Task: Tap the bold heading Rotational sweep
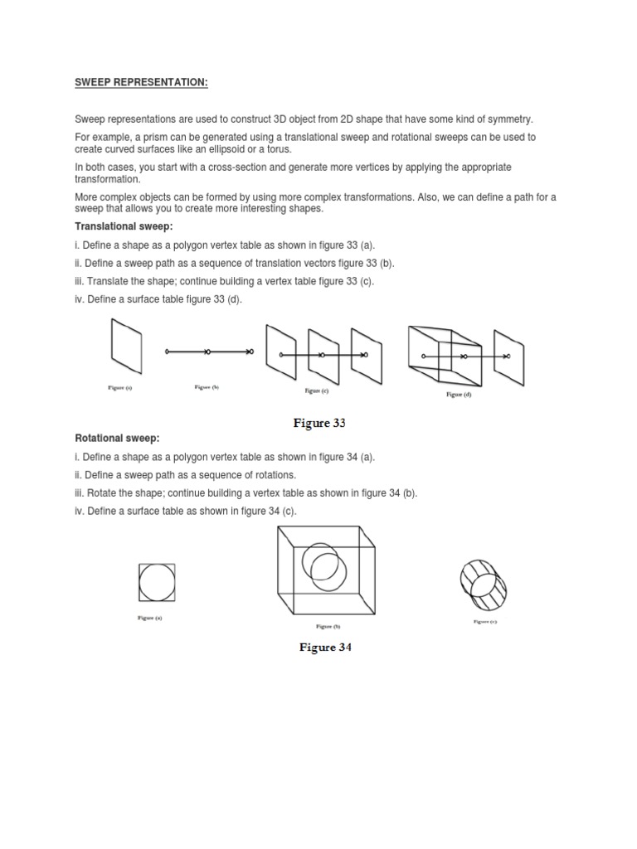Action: [x=117, y=438]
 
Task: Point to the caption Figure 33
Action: [x=318, y=423]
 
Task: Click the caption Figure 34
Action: [x=325, y=648]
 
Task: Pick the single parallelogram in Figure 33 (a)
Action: [x=126, y=346]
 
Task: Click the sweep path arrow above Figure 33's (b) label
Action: [x=208, y=352]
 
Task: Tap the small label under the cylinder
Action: [x=484, y=621]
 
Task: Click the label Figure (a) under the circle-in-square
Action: [x=150, y=618]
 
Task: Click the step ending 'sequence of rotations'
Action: [x=185, y=474]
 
